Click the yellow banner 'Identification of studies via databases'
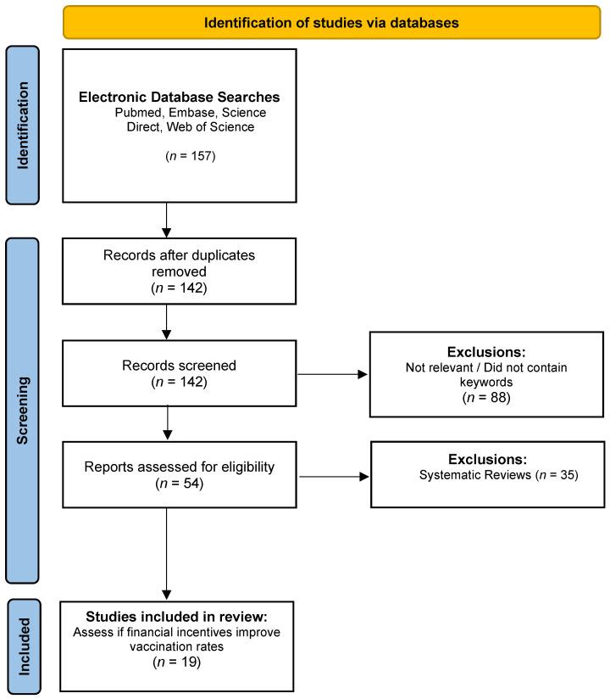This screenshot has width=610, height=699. point(331,23)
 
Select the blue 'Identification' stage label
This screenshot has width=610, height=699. point(23,126)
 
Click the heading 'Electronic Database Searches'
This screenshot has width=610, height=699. point(179,98)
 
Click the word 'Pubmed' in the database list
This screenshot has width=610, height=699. point(136,113)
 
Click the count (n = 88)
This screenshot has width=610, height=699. point(487,396)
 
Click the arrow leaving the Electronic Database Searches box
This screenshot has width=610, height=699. point(166,220)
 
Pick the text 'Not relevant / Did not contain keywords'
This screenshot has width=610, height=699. point(487,374)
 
